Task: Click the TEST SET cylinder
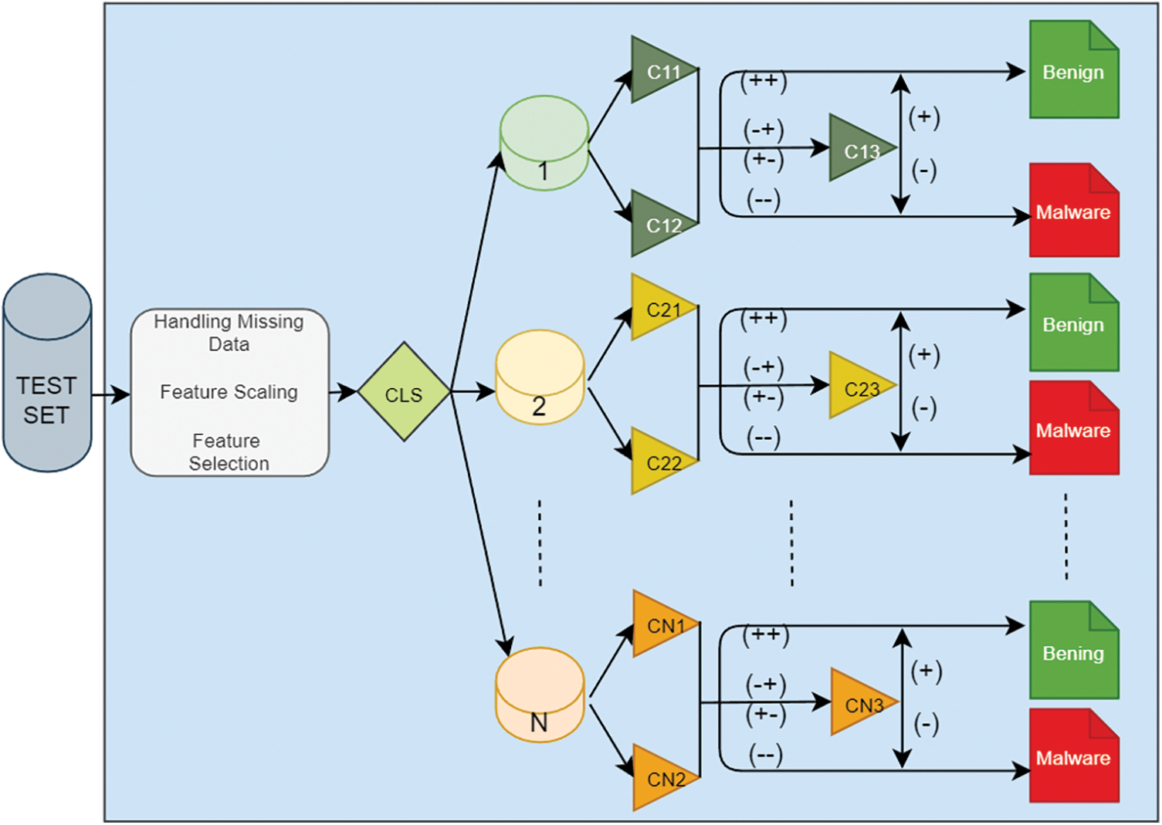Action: (x=47, y=373)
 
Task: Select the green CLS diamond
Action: (x=404, y=391)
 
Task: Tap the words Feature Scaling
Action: (x=229, y=392)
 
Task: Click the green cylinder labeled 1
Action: (x=544, y=143)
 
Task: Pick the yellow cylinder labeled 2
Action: (x=540, y=377)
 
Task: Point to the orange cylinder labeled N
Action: (x=540, y=695)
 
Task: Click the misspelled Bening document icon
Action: (x=1074, y=650)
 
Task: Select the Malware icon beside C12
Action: (x=1074, y=210)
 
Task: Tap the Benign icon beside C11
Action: (x=1074, y=69)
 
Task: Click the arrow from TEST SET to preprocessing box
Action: (x=111, y=394)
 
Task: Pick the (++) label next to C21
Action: (x=764, y=318)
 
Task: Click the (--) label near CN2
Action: (x=766, y=754)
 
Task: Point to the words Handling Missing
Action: (x=229, y=322)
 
